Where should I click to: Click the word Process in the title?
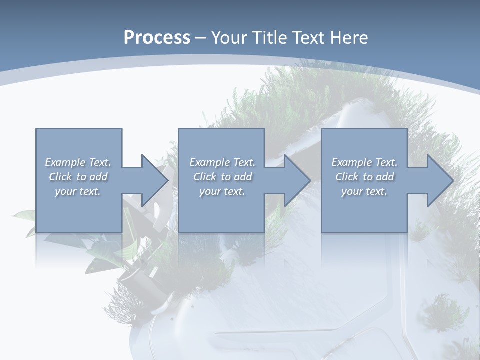point(157,37)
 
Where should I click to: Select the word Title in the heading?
point(271,37)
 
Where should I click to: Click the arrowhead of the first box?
point(155,180)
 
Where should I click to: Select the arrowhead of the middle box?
point(297,180)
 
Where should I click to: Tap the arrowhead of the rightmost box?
point(440,180)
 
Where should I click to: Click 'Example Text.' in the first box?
point(78,162)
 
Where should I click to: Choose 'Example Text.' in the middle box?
point(222,162)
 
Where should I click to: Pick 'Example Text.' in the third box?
point(364,162)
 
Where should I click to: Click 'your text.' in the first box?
point(78,191)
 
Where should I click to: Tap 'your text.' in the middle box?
point(222,191)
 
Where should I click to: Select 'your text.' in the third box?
point(364,191)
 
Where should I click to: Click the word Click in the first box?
point(61,177)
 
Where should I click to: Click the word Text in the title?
point(306,37)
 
